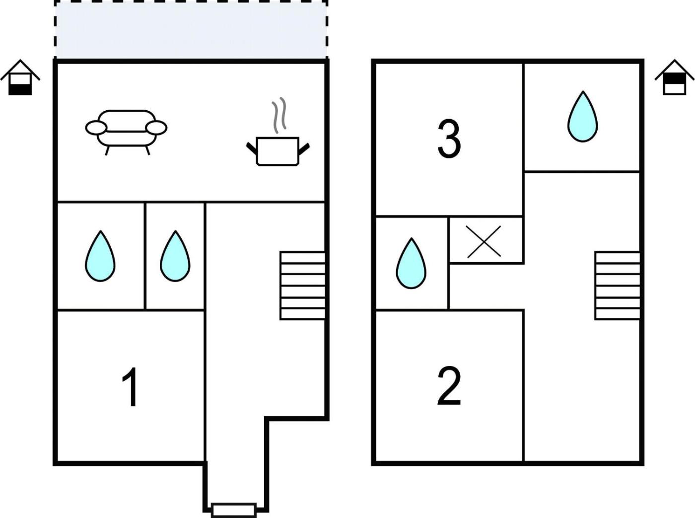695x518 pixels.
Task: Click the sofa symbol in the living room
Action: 126,132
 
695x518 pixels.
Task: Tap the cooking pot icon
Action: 278,151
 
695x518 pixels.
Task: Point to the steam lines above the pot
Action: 279,115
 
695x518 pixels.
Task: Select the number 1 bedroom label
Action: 131,387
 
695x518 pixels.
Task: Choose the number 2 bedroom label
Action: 449,386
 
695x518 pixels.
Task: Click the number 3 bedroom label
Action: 449,139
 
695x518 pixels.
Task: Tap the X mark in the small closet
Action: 484,241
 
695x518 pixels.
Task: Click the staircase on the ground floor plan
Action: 302,286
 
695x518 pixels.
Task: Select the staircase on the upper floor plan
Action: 617,286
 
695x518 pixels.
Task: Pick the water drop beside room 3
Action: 582,116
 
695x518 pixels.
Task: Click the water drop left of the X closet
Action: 411,263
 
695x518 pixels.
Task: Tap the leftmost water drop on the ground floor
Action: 100,256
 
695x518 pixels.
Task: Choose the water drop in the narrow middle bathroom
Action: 175,256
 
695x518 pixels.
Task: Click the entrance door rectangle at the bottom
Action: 234,510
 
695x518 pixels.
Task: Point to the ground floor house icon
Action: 20,77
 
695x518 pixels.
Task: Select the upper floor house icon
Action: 675,77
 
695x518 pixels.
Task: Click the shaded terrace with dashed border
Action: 191,29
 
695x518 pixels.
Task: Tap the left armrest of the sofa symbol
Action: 96,128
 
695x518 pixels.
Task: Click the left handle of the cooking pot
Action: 252,148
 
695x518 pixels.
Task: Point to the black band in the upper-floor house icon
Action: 675,78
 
